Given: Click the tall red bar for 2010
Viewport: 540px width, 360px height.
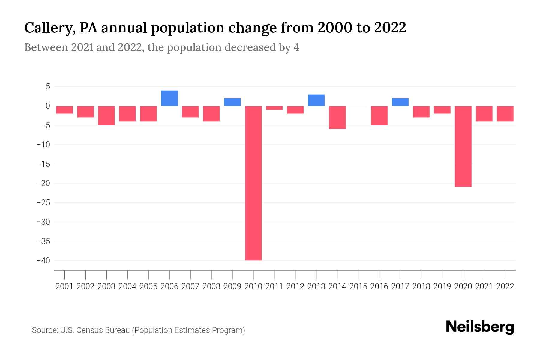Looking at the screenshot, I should coord(253,183).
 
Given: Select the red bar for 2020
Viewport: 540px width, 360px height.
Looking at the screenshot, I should coord(463,146).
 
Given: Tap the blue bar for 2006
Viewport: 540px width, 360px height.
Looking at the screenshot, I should coord(169,98).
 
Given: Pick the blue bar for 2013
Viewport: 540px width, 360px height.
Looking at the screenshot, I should coord(316,100).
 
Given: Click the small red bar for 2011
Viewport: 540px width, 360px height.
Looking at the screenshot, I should coord(274,108).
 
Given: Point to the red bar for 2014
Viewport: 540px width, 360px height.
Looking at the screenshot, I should coord(337,117).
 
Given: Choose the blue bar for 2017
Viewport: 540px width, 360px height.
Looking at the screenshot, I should coord(400,102).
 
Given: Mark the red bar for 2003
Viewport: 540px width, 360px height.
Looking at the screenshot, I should coord(106,115).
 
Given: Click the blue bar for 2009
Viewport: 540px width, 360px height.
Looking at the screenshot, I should coord(232,102).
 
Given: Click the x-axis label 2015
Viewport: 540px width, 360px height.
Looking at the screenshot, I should coord(358,286).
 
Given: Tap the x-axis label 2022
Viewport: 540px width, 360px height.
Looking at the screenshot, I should coord(505,286).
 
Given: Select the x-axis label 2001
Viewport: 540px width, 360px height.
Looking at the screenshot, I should coord(64,286).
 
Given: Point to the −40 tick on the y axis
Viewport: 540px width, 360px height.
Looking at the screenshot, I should coord(43,260).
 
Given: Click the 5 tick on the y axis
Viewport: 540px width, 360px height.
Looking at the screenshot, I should coord(48,87).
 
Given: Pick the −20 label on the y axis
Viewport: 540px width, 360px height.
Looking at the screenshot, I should coord(43,183).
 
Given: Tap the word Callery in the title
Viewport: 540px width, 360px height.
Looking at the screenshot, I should coord(48,28).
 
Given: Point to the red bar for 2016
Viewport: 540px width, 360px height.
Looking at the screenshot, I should coord(379,115).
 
